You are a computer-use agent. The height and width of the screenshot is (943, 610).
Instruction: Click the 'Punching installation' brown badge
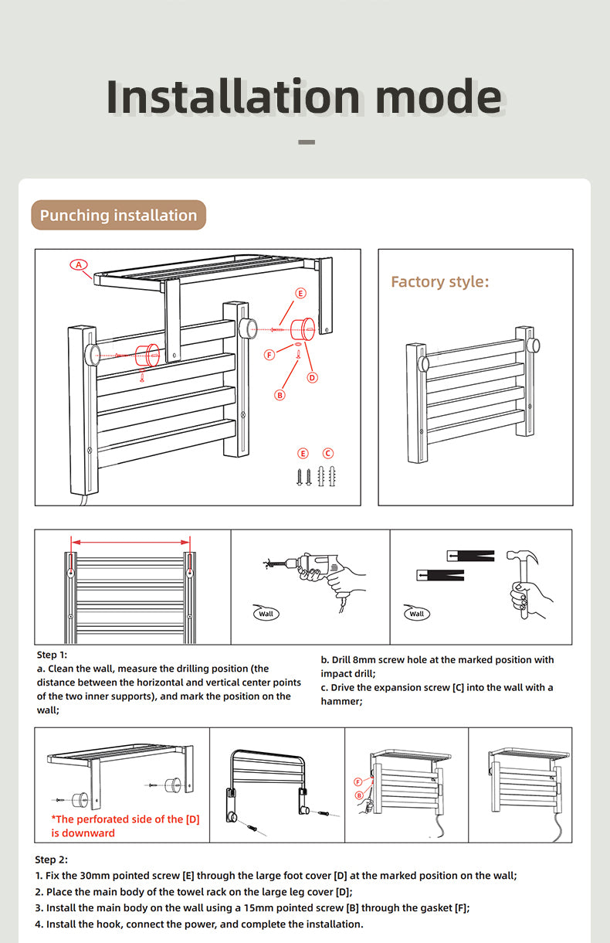click(118, 215)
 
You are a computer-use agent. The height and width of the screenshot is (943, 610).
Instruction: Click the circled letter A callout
click(79, 264)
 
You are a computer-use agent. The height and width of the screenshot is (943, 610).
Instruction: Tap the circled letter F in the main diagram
click(269, 355)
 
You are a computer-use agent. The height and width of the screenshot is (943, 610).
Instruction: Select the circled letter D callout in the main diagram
click(312, 377)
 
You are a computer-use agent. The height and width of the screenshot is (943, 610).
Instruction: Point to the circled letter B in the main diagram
click(280, 394)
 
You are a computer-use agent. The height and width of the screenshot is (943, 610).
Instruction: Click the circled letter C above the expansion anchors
click(327, 453)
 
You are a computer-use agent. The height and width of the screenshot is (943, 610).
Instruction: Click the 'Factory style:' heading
click(439, 281)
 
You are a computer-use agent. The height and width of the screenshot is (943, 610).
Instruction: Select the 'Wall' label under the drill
click(266, 614)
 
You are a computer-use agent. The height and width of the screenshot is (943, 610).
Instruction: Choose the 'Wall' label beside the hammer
click(417, 614)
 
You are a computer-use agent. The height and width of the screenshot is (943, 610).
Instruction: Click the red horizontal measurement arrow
click(130, 541)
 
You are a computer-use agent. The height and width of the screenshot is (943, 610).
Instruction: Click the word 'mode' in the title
click(438, 97)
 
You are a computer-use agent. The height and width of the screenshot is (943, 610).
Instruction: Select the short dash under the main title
click(307, 142)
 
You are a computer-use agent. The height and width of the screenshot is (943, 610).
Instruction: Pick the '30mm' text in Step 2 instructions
click(127, 876)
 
